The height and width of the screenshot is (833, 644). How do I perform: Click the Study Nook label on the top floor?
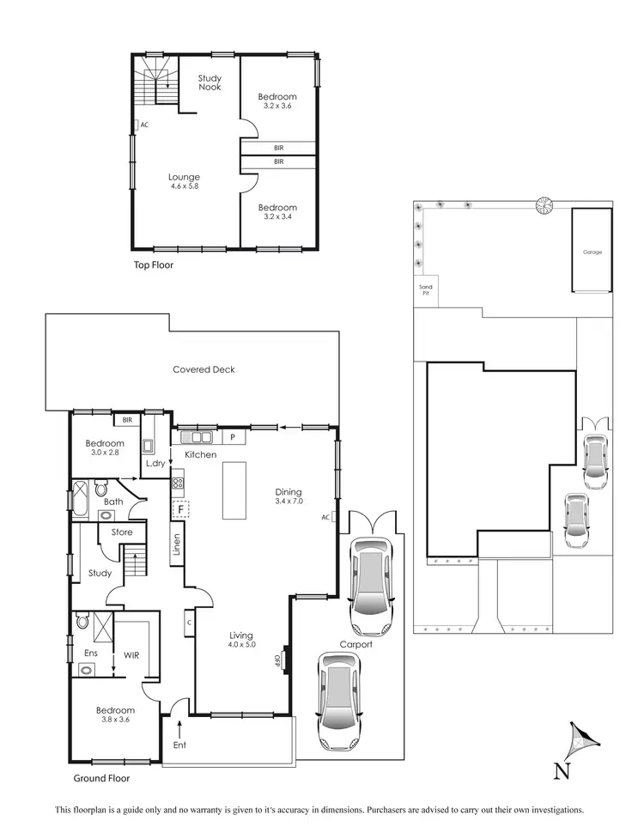pyautogui.click(x=210, y=82)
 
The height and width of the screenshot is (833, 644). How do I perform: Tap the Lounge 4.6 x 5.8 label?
pyautogui.click(x=184, y=181)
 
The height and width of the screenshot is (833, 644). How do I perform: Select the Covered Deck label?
pyautogui.click(x=204, y=369)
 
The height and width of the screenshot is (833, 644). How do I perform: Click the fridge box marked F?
pyautogui.click(x=181, y=509)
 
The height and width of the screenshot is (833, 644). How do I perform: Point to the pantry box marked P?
pyautogui.click(x=232, y=438)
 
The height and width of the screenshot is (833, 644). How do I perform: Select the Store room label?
pyautogui.click(x=122, y=532)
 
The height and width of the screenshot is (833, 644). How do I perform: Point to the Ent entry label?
pyautogui.click(x=179, y=745)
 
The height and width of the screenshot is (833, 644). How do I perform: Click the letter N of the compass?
pyautogui.click(x=562, y=771)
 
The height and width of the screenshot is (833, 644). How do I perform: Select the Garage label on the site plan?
pyautogui.click(x=592, y=252)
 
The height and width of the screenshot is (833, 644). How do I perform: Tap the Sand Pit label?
pyautogui.click(x=424, y=289)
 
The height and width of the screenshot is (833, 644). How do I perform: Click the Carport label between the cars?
pyautogui.click(x=355, y=644)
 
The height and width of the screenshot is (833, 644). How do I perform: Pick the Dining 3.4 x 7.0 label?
pyautogui.click(x=289, y=496)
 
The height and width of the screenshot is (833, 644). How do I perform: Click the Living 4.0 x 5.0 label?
pyautogui.click(x=242, y=639)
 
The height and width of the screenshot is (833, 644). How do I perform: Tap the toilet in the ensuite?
pyautogui.click(x=84, y=619)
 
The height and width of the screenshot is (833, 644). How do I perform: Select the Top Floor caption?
pyautogui.click(x=153, y=265)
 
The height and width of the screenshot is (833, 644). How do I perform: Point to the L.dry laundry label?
pyautogui.click(x=155, y=464)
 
